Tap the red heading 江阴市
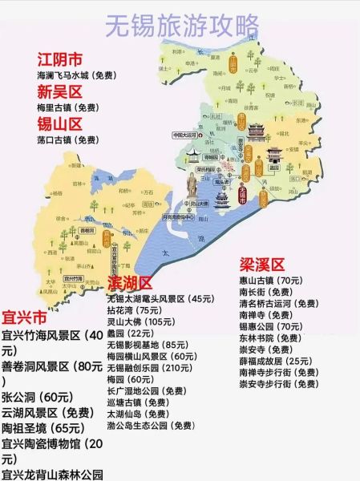61,59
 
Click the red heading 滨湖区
129,284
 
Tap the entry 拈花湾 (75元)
134,310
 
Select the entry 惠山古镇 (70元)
270,281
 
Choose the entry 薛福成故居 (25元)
275,361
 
